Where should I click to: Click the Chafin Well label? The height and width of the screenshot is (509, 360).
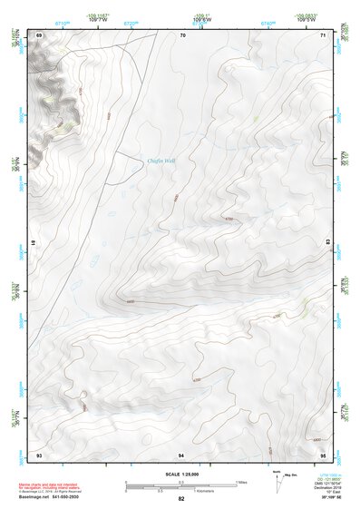[x=161, y=161]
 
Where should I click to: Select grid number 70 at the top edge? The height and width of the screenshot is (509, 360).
[x=182, y=35]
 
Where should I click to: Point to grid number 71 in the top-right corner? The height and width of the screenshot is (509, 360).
[x=324, y=35]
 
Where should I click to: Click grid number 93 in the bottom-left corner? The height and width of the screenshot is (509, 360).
[x=39, y=453]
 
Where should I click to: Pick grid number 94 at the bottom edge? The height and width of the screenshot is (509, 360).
[x=182, y=453]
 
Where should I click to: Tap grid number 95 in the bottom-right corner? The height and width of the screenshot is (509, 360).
[x=324, y=453]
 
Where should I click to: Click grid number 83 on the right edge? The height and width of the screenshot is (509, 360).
[x=327, y=243]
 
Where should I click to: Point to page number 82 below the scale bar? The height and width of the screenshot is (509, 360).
[x=181, y=499]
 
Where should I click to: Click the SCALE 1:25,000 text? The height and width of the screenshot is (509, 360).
[x=180, y=474]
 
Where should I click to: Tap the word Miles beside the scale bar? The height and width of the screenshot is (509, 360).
[x=241, y=482]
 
